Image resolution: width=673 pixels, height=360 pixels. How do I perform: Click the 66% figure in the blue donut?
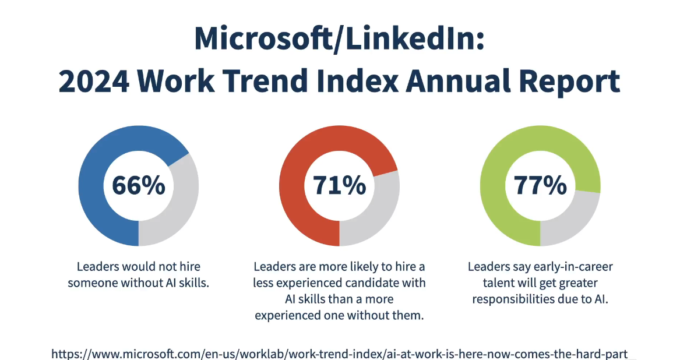tap(138, 185)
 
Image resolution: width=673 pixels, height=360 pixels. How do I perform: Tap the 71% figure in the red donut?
tap(339, 185)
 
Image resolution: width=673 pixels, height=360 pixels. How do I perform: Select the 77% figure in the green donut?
tap(540, 185)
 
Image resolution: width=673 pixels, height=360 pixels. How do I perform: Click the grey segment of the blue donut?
tap(180, 206)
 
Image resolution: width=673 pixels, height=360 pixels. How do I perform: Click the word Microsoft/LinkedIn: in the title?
tap(339, 39)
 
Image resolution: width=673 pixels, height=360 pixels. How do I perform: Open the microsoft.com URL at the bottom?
tap(339, 354)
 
